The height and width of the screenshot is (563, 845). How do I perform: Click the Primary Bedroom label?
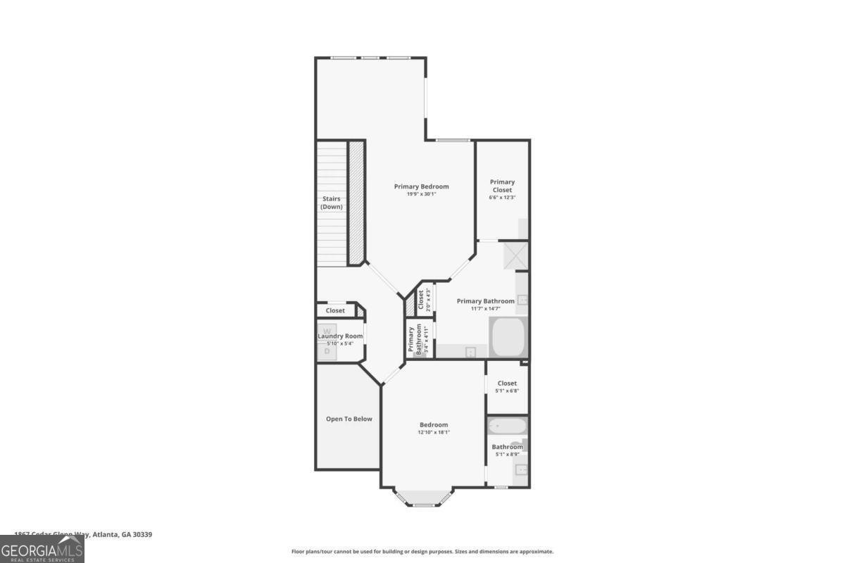point(421,186)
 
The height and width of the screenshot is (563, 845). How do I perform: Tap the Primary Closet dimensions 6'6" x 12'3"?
point(502,198)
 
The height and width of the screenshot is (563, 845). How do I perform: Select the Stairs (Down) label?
point(331,203)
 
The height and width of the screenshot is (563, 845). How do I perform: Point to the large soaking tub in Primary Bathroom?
point(508,338)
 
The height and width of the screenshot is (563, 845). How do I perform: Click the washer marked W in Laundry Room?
point(327,331)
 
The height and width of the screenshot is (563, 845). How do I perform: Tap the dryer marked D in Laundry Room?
point(327,350)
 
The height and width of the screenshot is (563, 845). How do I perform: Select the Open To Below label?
point(349,419)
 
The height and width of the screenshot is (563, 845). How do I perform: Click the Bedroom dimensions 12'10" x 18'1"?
point(434,433)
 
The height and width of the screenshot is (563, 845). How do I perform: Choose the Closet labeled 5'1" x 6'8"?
point(507,386)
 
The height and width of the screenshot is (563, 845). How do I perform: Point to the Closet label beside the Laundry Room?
point(335,310)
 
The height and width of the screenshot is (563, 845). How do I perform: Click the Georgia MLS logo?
point(42,550)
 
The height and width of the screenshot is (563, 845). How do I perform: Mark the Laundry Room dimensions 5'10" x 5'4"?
point(340,343)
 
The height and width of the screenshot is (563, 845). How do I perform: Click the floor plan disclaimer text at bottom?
point(423,552)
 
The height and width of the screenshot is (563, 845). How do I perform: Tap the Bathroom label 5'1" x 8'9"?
point(507,450)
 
